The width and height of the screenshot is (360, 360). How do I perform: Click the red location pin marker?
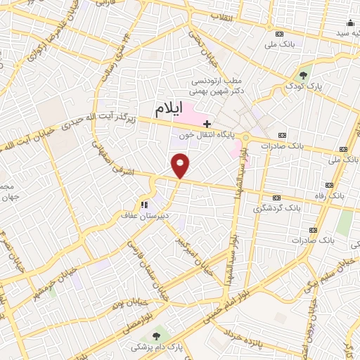(x=181, y=165)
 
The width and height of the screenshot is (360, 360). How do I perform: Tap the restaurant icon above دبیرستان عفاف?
(x=143, y=205)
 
